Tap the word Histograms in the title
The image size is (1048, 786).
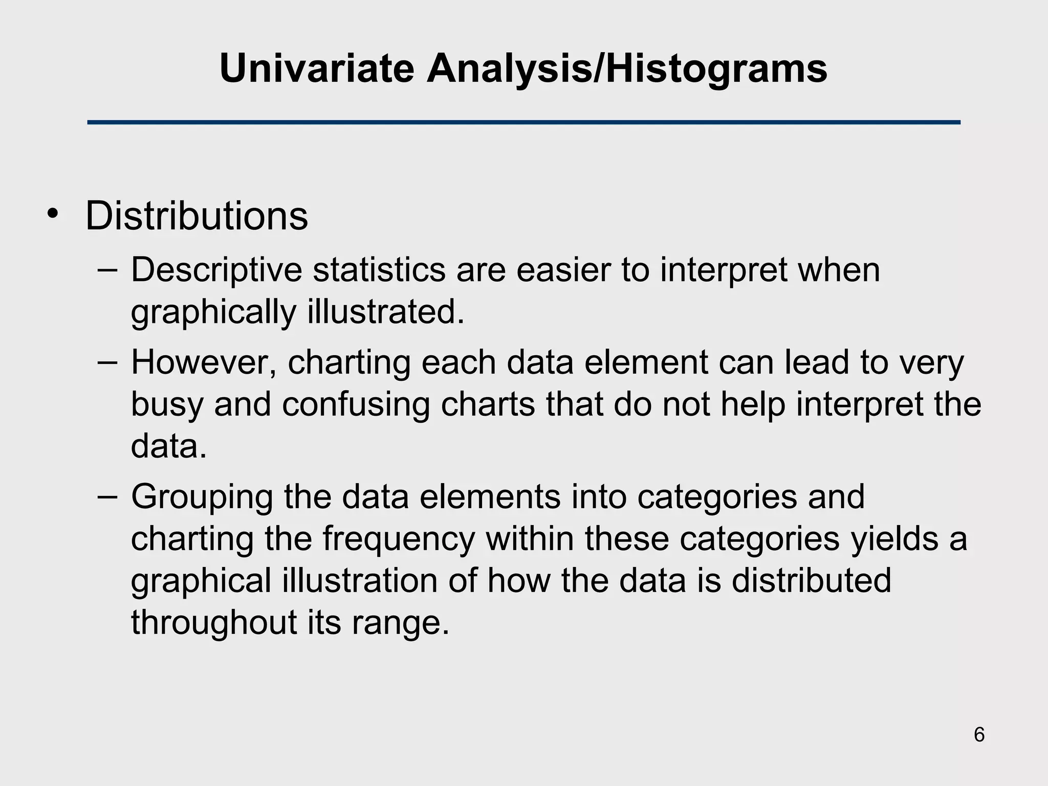(x=716, y=69)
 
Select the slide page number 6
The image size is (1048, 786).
(x=979, y=735)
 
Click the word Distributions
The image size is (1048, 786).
(x=196, y=216)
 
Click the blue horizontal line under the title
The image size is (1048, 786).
(x=523, y=122)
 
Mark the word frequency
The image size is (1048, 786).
(x=399, y=539)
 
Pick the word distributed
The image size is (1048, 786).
(x=811, y=581)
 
